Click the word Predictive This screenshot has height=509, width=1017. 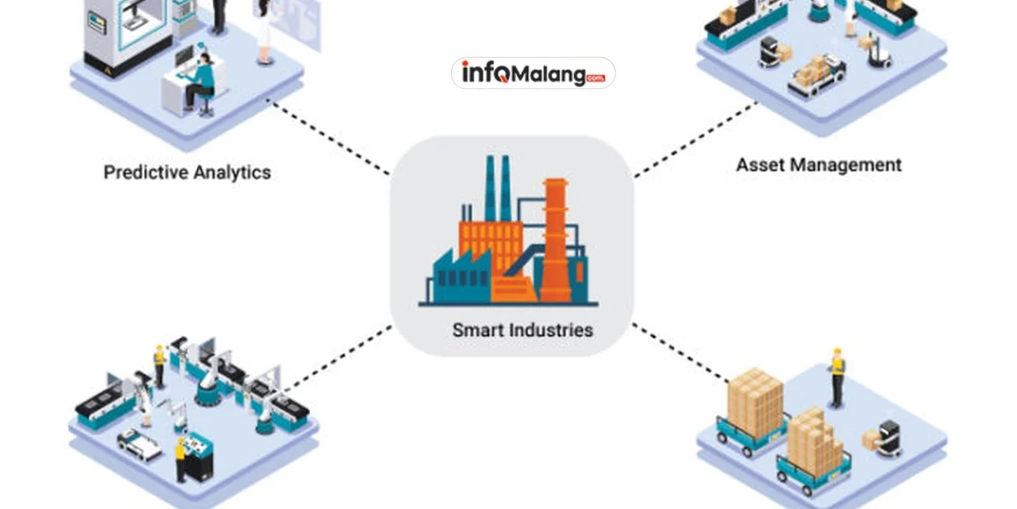tap(147, 172)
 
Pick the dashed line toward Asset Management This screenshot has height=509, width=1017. tap(695, 141)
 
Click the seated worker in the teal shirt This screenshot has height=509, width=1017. tap(201, 81)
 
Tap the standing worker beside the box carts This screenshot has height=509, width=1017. tap(837, 377)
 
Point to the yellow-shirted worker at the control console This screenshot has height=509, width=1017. tap(180, 459)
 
